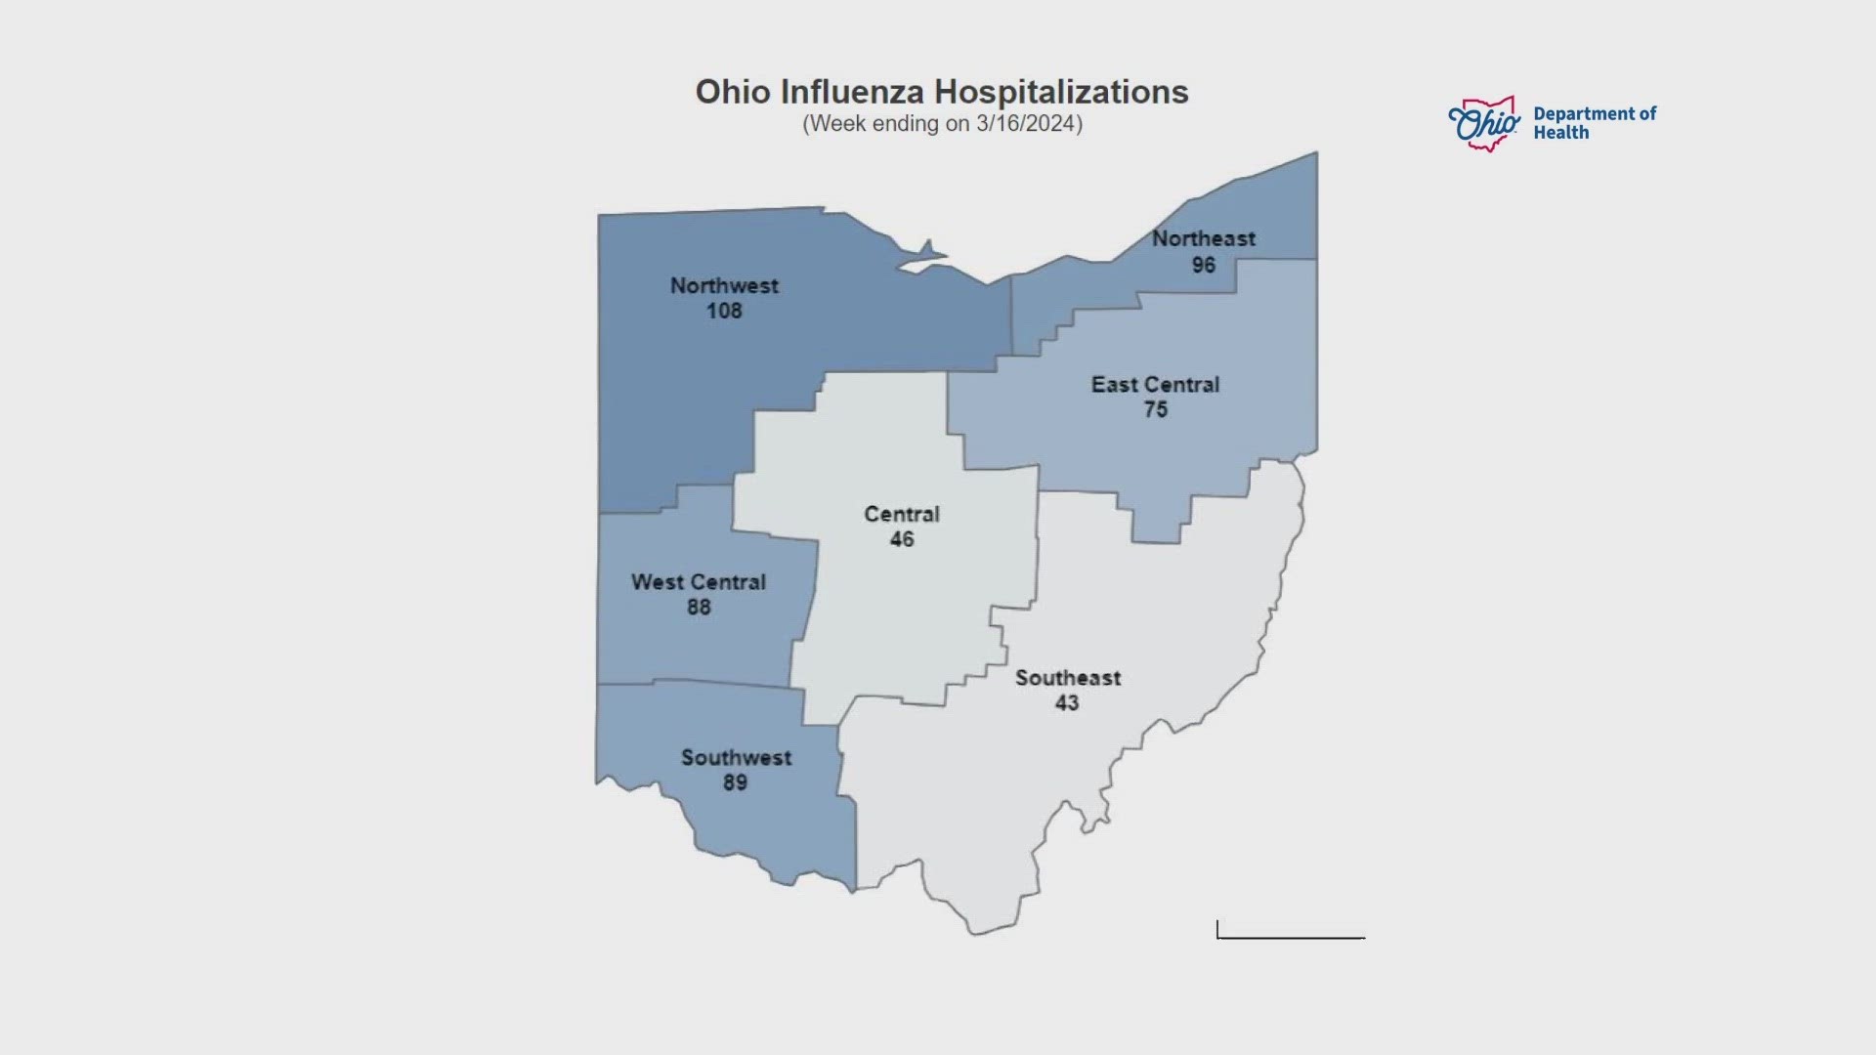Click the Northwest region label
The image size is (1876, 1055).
724,286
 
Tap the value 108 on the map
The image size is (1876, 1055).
724,312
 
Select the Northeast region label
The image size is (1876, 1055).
1203,238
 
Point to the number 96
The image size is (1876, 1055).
1203,265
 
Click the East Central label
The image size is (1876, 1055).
1155,385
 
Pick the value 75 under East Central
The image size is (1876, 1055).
1155,410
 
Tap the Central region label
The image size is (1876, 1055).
901,515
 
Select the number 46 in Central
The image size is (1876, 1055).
901,540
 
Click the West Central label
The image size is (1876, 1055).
698,582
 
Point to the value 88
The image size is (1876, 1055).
698,608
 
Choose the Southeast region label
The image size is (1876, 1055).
1067,678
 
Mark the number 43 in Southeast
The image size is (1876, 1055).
1066,703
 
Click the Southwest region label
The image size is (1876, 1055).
736,758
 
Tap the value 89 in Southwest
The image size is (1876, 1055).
735,783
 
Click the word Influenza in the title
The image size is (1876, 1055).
853,92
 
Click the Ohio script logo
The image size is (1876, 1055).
1483,124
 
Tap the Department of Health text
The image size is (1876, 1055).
1594,123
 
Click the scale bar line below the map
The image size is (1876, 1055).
1291,937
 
